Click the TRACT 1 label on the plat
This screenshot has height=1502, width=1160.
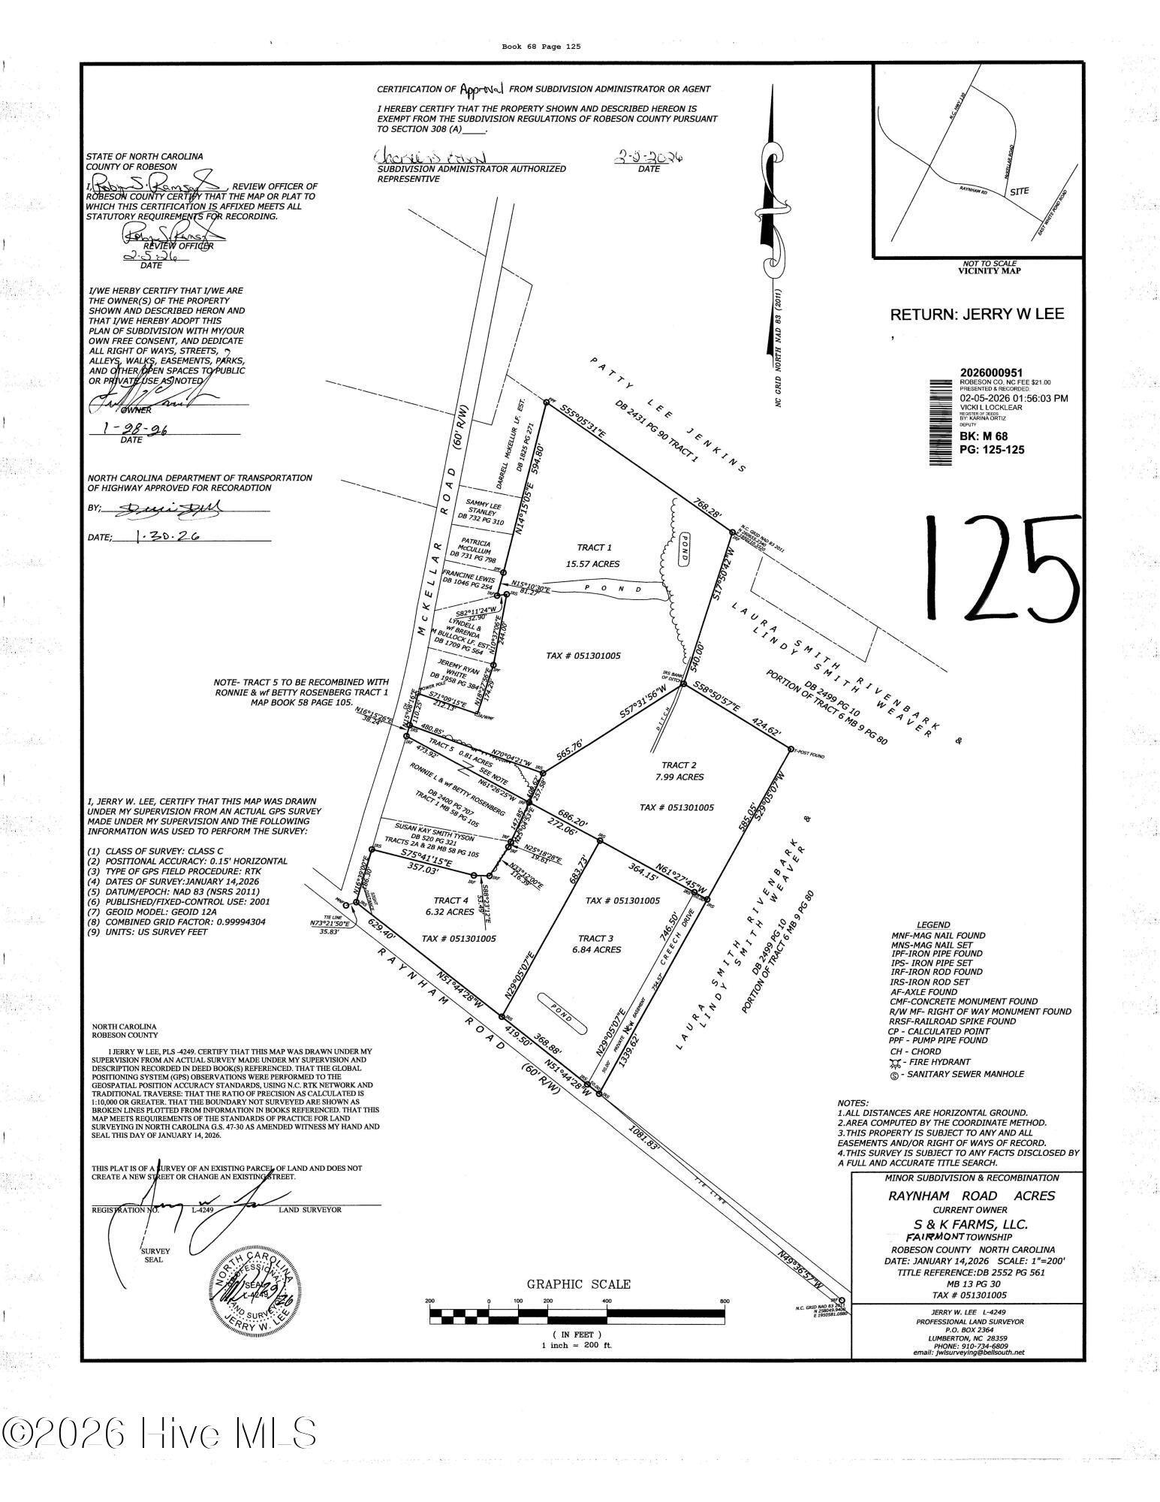pyautogui.click(x=595, y=547)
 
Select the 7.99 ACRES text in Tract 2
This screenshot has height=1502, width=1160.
pyautogui.click(x=678, y=777)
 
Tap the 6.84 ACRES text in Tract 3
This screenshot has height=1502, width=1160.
pyautogui.click(x=595, y=950)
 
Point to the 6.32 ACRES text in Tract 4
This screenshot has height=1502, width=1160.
pyautogui.click(x=450, y=913)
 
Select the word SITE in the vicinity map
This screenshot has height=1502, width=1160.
pyautogui.click(x=1019, y=192)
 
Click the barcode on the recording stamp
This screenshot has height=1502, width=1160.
pyautogui.click(x=939, y=421)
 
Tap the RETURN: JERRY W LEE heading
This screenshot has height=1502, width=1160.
pyautogui.click(x=976, y=314)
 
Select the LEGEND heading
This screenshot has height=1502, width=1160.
pyautogui.click(x=933, y=924)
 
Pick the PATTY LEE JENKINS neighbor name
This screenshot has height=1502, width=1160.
pyautogui.click(x=667, y=413)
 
